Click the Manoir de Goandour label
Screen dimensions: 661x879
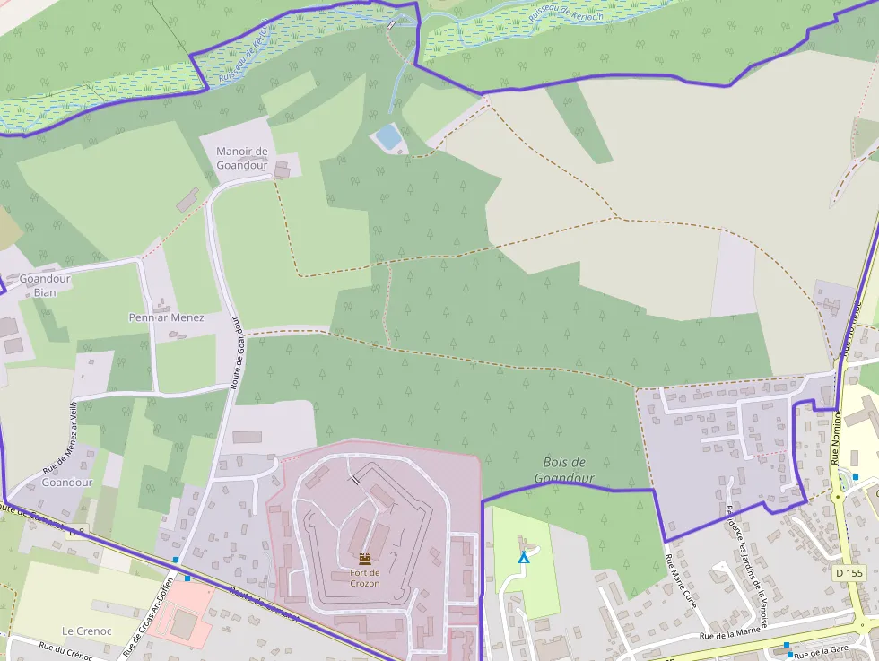[x=242, y=157]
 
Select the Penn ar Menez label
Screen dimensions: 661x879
[x=166, y=317]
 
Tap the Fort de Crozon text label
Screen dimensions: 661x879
[x=365, y=578]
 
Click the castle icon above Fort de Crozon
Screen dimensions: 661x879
[x=365, y=559]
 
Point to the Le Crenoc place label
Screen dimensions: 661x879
[x=86, y=631]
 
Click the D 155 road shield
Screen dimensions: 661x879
[x=848, y=572]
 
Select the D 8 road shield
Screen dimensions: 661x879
[x=76, y=531]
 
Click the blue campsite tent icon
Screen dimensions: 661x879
[x=523, y=558]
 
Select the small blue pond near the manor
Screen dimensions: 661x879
[x=388, y=136]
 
